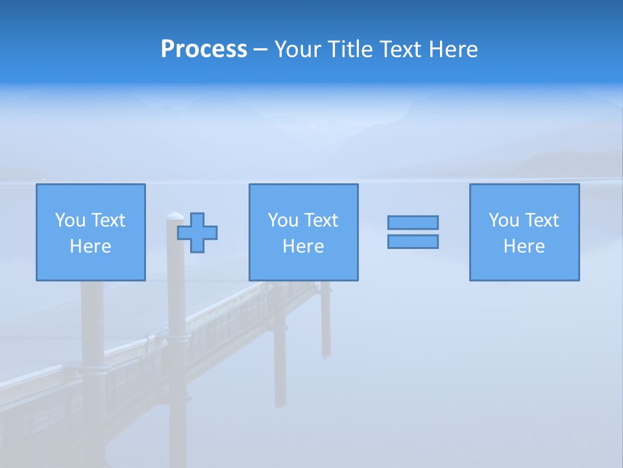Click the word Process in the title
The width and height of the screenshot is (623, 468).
pos(204,49)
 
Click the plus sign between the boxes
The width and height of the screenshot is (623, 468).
pos(197,232)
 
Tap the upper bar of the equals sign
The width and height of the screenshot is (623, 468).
pos(413,222)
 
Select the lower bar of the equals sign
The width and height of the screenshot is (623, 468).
pos(413,241)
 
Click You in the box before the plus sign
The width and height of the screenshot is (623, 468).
pos(70,220)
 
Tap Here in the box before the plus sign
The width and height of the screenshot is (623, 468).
pos(90,246)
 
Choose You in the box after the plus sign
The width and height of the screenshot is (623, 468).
pos(283,220)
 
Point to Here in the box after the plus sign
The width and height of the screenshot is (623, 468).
pos(303,246)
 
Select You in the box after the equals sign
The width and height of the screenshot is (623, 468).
pos(504,220)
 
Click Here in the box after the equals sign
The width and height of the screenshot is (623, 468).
pos(524,246)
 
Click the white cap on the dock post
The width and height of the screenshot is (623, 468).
pos(175,215)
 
